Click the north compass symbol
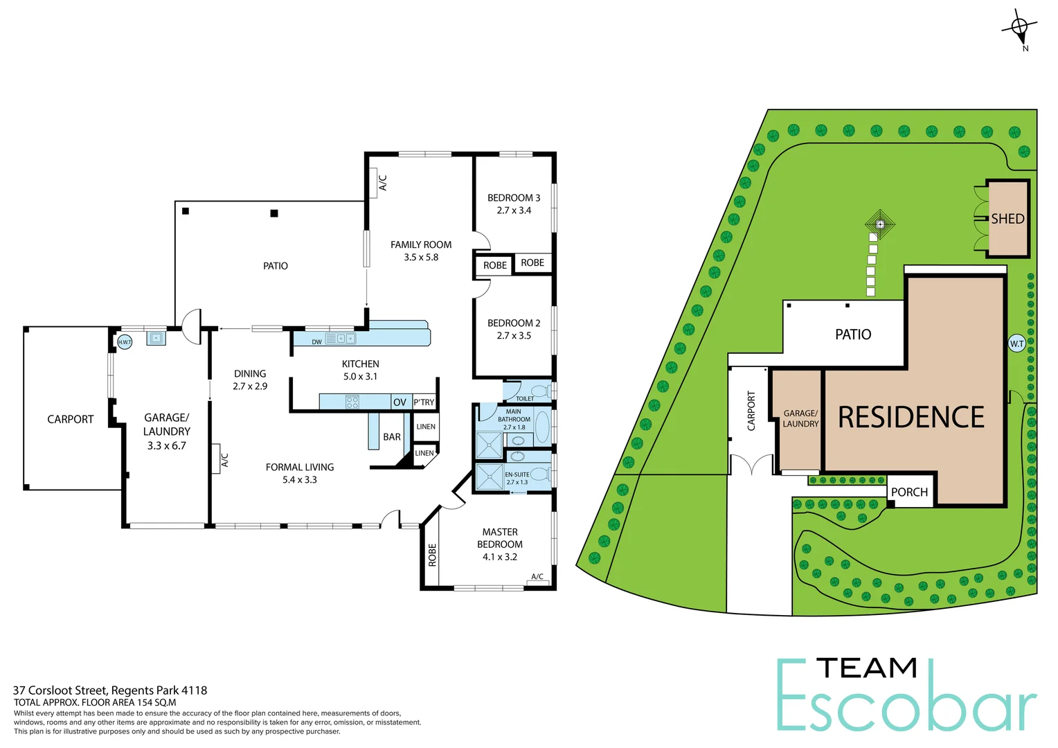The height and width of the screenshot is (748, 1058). pyautogui.click(x=1019, y=28)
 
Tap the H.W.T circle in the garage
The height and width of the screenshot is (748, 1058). pyautogui.click(x=125, y=342)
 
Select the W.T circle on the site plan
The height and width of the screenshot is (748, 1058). pyautogui.click(x=1016, y=344)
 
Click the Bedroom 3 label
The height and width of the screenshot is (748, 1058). pyautogui.click(x=514, y=198)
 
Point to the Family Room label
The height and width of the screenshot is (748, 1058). pyautogui.click(x=421, y=244)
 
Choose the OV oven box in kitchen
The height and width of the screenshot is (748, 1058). pyautogui.click(x=400, y=402)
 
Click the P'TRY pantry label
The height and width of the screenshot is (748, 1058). pyautogui.click(x=424, y=402)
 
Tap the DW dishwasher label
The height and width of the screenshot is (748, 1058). pyautogui.click(x=316, y=342)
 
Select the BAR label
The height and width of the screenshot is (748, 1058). pyautogui.click(x=392, y=437)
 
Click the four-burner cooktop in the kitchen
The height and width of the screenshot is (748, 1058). pyautogui.click(x=352, y=402)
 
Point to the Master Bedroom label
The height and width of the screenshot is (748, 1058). pyautogui.click(x=500, y=538)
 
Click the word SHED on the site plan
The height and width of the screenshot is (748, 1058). pyautogui.click(x=1007, y=219)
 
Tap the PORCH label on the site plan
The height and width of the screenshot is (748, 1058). pyautogui.click(x=909, y=492)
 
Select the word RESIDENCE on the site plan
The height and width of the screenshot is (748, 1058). pyautogui.click(x=911, y=418)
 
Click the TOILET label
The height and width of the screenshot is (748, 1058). pyautogui.click(x=525, y=398)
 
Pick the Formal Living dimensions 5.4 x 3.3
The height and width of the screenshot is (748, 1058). pyautogui.click(x=300, y=480)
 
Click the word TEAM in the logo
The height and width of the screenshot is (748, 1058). pyautogui.click(x=867, y=668)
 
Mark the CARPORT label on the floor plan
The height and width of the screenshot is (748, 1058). pyautogui.click(x=70, y=419)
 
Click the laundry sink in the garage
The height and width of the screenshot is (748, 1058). pyautogui.click(x=156, y=339)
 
